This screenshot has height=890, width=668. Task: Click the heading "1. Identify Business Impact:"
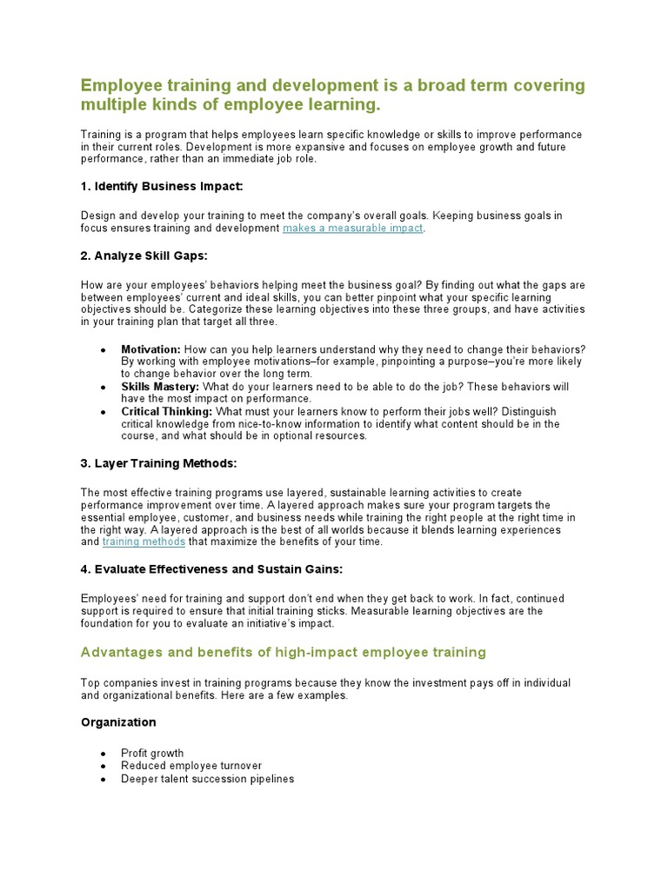pyautogui.click(x=162, y=186)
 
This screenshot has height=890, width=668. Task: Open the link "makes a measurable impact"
pyautogui.click(x=352, y=228)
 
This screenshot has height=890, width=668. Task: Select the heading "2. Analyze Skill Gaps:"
pyautogui.click(x=144, y=256)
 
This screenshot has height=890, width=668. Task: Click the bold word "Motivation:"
pyautogui.click(x=150, y=349)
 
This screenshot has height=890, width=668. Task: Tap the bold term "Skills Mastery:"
pyautogui.click(x=160, y=386)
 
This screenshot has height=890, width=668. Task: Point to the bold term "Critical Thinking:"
pyautogui.click(x=167, y=411)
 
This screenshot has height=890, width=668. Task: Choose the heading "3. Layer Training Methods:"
pyautogui.click(x=158, y=463)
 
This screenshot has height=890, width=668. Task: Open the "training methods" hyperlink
pyautogui.click(x=144, y=541)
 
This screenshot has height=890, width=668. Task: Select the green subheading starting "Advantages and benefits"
pyautogui.click(x=284, y=652)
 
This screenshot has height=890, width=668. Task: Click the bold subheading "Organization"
pyautogui.click(x=118, y=722)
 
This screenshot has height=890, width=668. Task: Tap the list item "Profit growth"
pyautogui.click(x=152, y=754)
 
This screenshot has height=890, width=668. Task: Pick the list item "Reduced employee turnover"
pyautogui.click(x=191, y=766)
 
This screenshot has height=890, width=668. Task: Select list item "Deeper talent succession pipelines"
pyautogui.click(x=207, y=779)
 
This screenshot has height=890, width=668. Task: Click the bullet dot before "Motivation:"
pyautogui.click(x=104, y=350)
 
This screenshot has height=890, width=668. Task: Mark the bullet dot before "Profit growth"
pyautogui.click(x=104, y=754)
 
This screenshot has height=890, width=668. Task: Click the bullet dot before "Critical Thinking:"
pyautogui.click(x=104, y=412)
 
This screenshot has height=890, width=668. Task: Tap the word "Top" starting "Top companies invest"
pyautogui.click(x=91, y=683)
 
